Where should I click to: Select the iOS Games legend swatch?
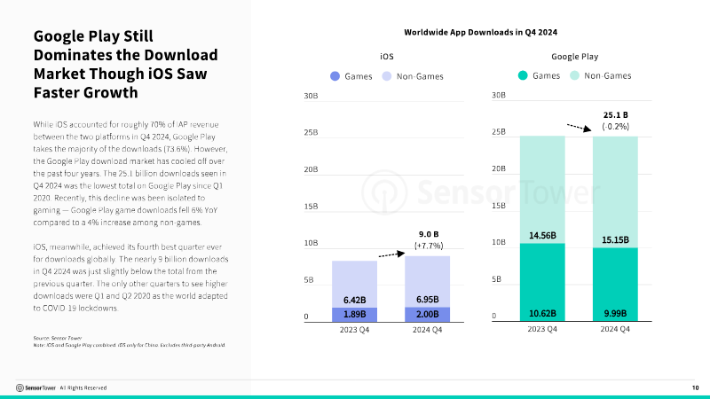(335, 76)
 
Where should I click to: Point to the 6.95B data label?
(426, 300)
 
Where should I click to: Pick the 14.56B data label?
(541, 236)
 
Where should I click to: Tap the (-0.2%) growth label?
(615, 127)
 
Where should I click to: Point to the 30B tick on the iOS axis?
(311, 96)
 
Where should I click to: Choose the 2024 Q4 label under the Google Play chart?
(616, 329)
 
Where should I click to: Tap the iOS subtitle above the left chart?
(386, 56)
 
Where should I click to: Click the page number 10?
(695, 387)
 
